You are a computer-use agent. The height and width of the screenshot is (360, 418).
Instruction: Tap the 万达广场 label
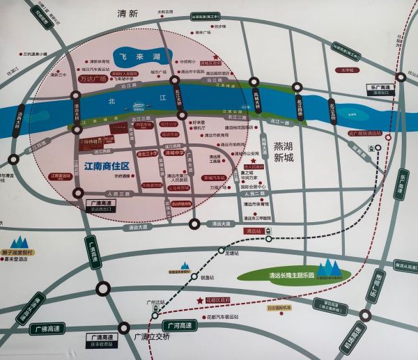point(92,79)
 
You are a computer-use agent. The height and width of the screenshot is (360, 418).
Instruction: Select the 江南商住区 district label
point(107,167)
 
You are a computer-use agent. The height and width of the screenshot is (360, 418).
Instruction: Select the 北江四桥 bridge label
point(297,102)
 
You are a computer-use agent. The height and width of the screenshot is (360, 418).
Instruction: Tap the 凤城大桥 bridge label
point(261,103)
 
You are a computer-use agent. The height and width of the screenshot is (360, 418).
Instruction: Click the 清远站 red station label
point(252,231)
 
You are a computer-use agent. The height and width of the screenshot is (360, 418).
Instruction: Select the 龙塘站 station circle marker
point(222,250)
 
